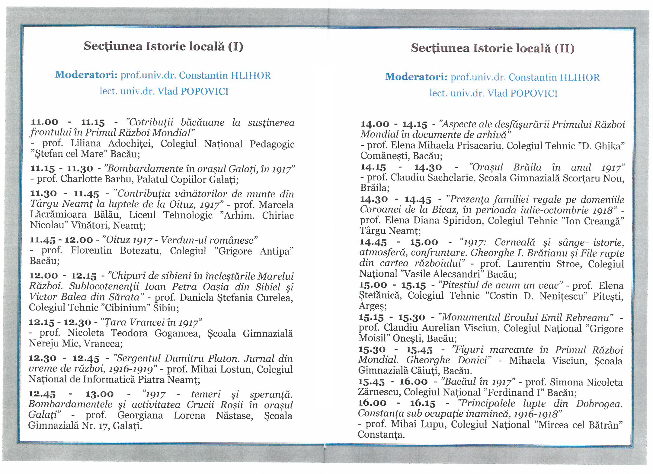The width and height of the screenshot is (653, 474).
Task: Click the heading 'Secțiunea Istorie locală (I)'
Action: click(x=163, y=46)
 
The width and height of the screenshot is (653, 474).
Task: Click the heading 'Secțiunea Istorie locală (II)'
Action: click(x=492, y=48)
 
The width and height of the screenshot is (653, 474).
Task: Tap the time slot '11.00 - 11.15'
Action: click(x=68, y=122)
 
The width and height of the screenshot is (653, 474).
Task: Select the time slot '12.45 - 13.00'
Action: click(x=71, y=394)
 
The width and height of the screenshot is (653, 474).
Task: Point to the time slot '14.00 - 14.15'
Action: click(x=394, y=124)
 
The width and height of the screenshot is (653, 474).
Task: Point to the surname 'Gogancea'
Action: click(x=177, y=333)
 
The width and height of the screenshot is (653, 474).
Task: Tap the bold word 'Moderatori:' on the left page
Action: click(x=86, y=75)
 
